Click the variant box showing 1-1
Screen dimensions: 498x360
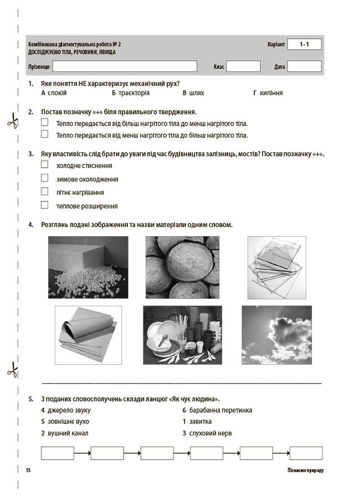click(x=304, y=44)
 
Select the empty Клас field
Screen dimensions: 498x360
click(x=243, y=66)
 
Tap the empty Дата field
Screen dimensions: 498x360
click(x=304, y=66)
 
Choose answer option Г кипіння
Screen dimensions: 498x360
click(x=268, y=93)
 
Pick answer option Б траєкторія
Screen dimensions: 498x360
click(x=131, y=93)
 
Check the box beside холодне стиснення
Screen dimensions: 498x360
click(x=45, y=164)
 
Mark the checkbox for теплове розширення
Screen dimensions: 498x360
click(x=45, y=205)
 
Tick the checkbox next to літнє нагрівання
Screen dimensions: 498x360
click(x=45, y=191)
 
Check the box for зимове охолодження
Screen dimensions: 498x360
click(x=45, y=178)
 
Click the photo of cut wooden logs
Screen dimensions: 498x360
click(x=182, y=267)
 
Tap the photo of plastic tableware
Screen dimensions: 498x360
click(x=182, y=334)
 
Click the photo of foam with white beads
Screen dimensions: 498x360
click(x=88, y=267)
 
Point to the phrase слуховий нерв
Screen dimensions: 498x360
click(x=211, y=433)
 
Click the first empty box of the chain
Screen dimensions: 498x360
click(x=58, y=453)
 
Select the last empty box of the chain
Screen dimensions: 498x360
click(x=306, y=453)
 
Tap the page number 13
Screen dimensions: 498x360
click(x=28, y=470)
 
